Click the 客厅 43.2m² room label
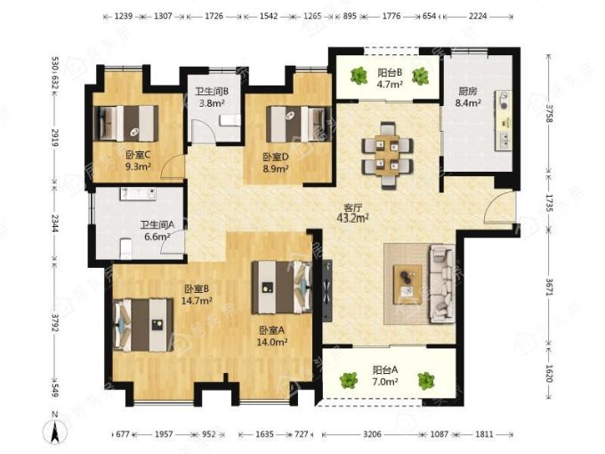(x=352, y=213)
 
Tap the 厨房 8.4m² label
(x=468, y=97)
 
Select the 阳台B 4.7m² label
(x=390, y=78)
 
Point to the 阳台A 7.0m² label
(x=385, y=376)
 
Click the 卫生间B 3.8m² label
(x=212, y=97)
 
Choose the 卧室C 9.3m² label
(x=138, y=160)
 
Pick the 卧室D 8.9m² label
(x=276, y=163)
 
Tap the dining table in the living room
(x=387, y=156)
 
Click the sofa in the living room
(x=442, y=284)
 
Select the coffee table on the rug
(x=407, y=284)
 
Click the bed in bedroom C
(x=125, y=124)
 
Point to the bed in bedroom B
(x=143, y=325)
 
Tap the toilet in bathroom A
(x=125, y=248)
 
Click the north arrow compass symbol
(x=55, y=430)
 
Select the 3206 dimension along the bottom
(x=372, y=434)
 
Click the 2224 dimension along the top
(x=478, y=16)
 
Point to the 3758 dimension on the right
(x=549, y=113)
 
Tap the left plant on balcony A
(x=349, y=380)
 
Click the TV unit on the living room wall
(x=327, y=290)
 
